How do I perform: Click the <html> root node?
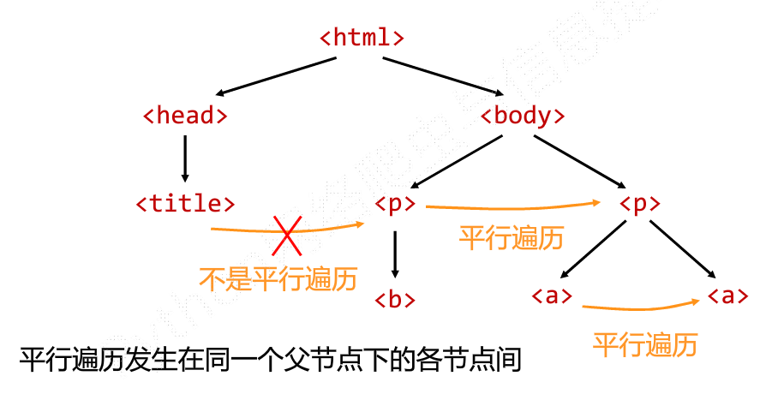(x=362, y=38)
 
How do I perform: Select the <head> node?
(x=185, y=116)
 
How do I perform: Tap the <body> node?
(x=523, y=116)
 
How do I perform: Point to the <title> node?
(x=185, y=204)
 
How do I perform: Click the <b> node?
(x=395, y=299)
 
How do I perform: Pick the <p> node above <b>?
(x=395, y=204)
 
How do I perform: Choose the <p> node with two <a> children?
(x=639, y=204)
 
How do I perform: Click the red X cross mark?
(x=287, y=235)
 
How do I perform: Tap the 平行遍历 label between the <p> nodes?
(x=511, y=237)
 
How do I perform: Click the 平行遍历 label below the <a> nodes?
(x=645, y=344)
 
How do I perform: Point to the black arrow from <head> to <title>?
(x=185, y=159)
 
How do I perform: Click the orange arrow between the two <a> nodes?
(x=638, y=307)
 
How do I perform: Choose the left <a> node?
(x=552, y=296)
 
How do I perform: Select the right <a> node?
(x=728, y=296)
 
